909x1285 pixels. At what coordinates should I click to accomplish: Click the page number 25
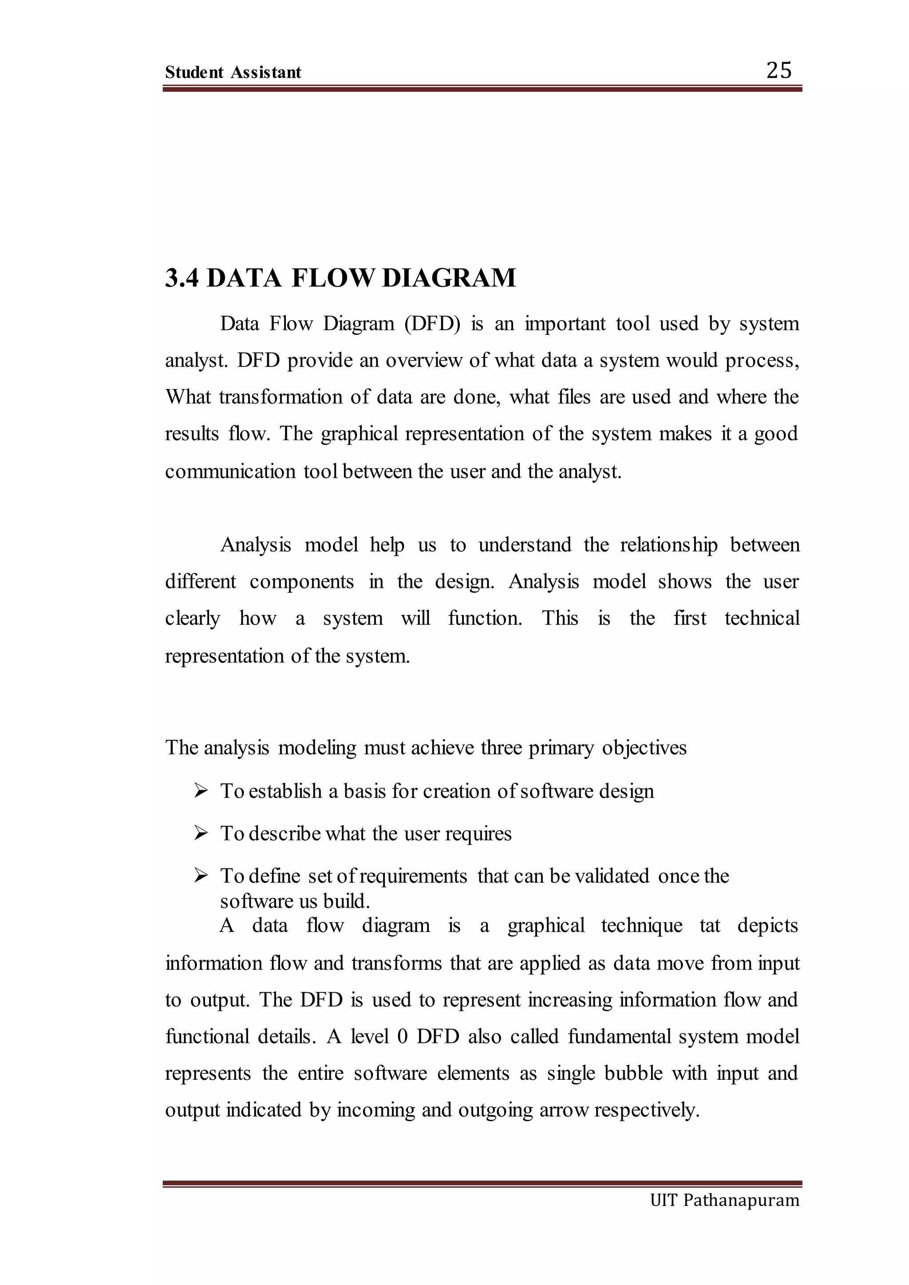point(779,71)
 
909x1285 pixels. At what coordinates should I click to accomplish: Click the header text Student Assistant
point(233,72)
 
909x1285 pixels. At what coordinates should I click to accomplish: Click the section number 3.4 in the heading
point(182,278)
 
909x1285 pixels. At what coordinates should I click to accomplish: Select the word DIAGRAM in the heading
point(449,278)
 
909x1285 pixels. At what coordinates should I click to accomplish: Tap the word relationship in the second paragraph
point(668,544)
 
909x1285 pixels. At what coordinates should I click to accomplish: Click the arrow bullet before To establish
point(200,791)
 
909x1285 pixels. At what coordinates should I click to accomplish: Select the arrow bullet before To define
point(200,876)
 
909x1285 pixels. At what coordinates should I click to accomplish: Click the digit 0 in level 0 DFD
point(402,1036)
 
